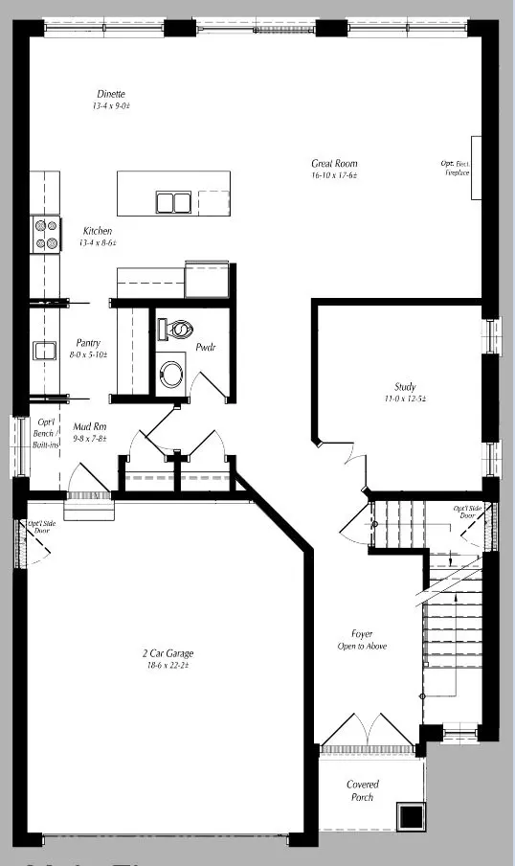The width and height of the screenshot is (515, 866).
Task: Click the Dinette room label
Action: click(x=110, y=94)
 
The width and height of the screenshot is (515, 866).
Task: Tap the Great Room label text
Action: click(x=334, y=163)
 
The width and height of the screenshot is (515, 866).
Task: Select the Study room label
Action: click(x=404, y=386)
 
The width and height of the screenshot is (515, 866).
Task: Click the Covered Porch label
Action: click(x=362, y=790)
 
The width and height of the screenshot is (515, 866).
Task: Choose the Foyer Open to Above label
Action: click(x=362, y=640)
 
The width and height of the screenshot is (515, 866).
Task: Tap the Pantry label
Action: click(x=90, y=343)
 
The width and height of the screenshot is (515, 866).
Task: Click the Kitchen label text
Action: click(x=98, y=231)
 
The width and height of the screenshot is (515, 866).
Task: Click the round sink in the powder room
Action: click(x=173, y=372)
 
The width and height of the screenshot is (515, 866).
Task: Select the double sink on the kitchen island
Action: click(x=173, y=202)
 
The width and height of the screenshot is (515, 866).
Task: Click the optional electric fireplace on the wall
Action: click(x=476, y=168)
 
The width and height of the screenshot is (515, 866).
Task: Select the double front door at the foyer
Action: click(x=368, y=733)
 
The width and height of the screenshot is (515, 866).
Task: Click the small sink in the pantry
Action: click(x=44, y=351)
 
